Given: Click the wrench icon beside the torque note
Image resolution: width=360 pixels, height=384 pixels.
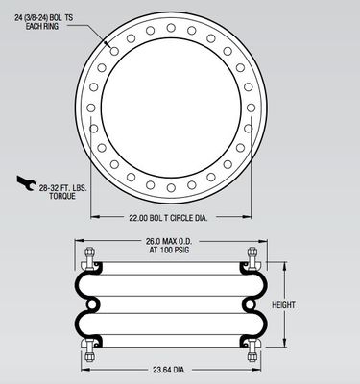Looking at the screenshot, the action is click(x=26, y=183).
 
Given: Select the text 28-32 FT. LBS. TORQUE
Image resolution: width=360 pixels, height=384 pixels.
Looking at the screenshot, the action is click(x=62, y=192).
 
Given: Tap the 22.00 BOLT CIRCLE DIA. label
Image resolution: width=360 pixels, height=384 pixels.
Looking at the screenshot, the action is click(x=168, y=218).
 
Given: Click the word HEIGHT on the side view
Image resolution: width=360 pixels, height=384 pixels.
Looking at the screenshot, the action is click(x=283, y=305).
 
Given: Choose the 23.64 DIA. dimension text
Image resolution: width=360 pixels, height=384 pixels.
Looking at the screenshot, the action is click(x=169, y=370).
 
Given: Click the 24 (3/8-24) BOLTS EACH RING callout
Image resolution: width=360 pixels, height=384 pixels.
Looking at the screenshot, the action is click(x=43, y=22).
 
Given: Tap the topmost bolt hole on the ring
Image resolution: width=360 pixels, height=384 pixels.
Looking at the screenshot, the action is click(x=171, y=28).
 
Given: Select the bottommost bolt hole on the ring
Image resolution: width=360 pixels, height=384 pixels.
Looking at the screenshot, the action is click(x=171, y=188).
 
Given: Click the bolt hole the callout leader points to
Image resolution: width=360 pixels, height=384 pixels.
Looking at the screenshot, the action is click(x=114, y=51).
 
